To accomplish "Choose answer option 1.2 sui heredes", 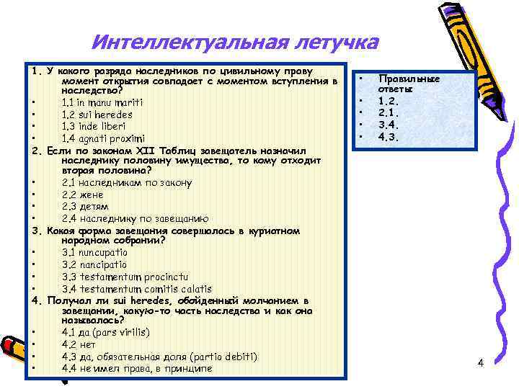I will pyautogui.click(x=107, y=115).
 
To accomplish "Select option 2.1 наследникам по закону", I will pyautogui.click(x=127, y=183).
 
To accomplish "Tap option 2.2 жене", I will pyautogui.click(x=83, y=194).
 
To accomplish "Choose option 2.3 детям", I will pyautogui.click(x=85, y=206).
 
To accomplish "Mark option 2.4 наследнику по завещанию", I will pyautogui.click(x=136, y=218).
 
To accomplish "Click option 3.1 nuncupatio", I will pyautogui.click(x=94, y=252).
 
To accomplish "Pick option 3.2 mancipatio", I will pyautogui.click(x=94, y=264).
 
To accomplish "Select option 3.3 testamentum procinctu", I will pyautogui.click(x=125, y=276).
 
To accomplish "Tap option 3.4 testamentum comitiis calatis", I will pyautogui.click(x=136, y=288).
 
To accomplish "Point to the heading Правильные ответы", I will pyautogui.click(x=399, y=83).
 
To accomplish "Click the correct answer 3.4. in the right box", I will pyautogui.click(x=389, y=125).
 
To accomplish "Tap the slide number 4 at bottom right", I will pyautogui.click(x=480, y=363).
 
